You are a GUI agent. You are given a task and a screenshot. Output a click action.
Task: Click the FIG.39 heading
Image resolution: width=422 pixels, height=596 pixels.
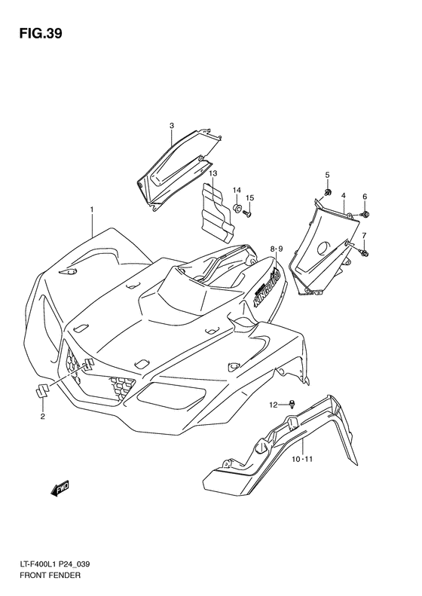pyautogui.click(x=40, y=33)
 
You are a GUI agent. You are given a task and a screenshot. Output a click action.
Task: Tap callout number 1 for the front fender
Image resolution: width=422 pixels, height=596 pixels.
pyautogui.click(x=92, y=209)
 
